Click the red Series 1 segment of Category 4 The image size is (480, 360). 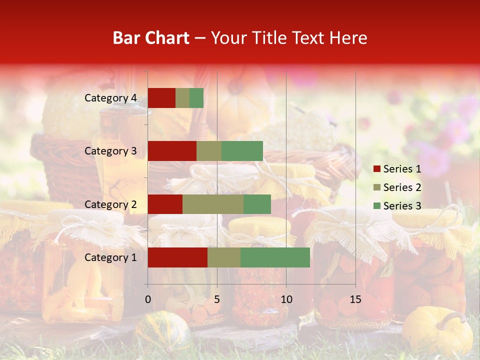tap(161, 98)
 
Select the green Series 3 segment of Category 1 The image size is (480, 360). tap(275, 257)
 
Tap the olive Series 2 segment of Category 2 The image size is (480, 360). tap(213, 204)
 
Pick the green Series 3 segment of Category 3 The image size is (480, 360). tap(242, 151)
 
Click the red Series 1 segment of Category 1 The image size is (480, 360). tap(177, 257)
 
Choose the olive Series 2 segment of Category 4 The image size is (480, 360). tap(182, 98)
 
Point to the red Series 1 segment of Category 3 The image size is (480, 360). tap(172, 151)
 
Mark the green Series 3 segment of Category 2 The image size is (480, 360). tap(257, 204)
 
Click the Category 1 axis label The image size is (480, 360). tap(110, 257)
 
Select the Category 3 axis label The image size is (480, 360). tap(110, 151)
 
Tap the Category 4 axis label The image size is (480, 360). tap(110, 98)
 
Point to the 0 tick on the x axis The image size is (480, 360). tap(148, 299)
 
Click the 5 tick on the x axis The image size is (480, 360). tap(217, 299)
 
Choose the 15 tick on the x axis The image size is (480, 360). tap(355, 299)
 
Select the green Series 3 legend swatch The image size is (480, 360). tap(377, 206)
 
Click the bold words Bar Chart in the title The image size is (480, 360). tap(151, 38)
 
